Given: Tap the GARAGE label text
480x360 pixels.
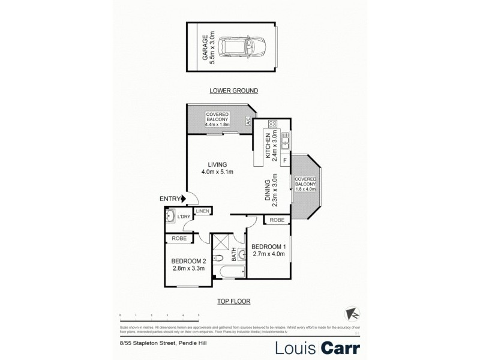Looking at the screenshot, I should tap(206, 47).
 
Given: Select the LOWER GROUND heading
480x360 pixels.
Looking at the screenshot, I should tap(233, 91).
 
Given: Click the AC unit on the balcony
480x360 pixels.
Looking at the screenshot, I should tap(248, 121).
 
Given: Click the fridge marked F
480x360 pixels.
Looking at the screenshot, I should tap(284, 160).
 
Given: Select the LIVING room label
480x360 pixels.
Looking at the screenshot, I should tap(217, 164).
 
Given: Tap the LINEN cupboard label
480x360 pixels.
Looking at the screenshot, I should tap(202, 211).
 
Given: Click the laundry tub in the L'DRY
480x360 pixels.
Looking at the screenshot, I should tap(171, 217).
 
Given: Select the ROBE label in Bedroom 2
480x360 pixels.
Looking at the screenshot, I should tap(179, 238).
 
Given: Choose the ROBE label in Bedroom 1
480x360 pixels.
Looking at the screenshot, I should tap(277, 220).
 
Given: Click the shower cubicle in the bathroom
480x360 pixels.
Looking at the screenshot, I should tap(221, 243).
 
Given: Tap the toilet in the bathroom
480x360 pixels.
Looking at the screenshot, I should tap(220, 259).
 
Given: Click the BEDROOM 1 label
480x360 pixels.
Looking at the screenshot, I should tap(269, 247).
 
